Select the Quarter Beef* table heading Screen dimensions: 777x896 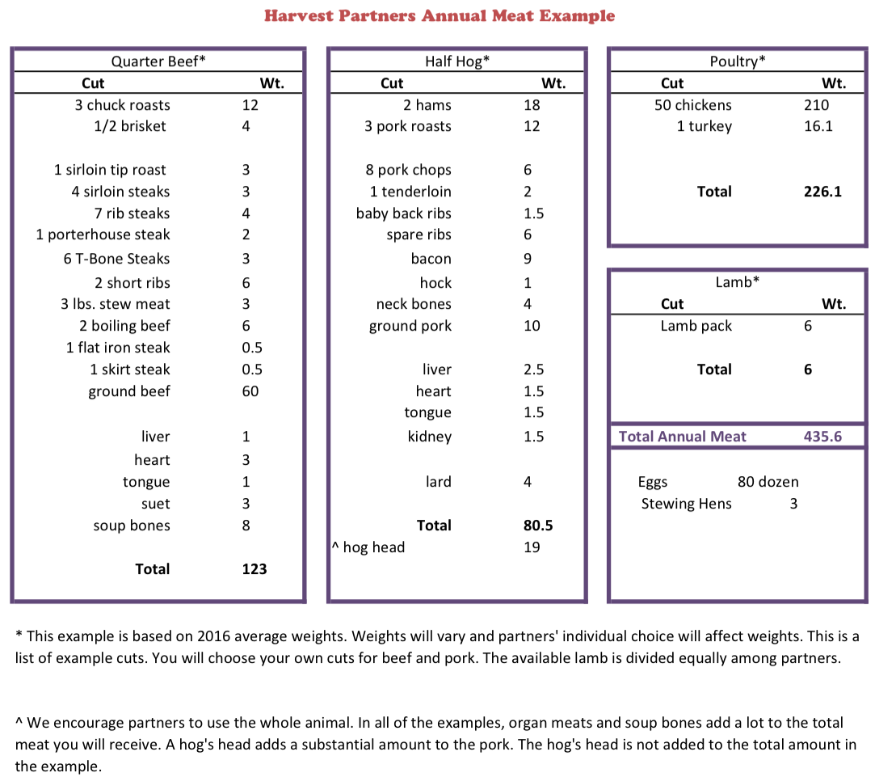(x=158, y=61)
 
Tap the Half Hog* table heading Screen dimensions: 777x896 (x=457, y=61)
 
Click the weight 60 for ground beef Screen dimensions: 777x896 (x=250, y=391)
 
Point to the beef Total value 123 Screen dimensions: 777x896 (x=254, y=569)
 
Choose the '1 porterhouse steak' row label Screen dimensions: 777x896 (x=103, y=235)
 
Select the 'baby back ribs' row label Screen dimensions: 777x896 (x=403, y=213)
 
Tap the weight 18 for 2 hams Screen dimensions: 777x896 (x=532, y=105)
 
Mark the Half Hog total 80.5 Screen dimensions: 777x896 (x=538, y=526)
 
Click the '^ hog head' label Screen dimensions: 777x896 (x=368, y=547)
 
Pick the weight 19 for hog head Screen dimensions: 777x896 (x=532, y=547)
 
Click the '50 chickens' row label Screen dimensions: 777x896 (x=693, y=105)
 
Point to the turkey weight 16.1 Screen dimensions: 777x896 (x=818, y=127)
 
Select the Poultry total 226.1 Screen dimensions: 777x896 (x=822, y=192)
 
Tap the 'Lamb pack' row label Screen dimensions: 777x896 (x=696, y=326)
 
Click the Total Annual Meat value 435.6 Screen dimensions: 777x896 (x=822, y=437)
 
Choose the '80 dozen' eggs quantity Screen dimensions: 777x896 (x=768, y=482)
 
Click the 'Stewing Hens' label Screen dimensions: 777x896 (x=686, y=504)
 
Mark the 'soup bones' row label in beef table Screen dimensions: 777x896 (x=132, y=526)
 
